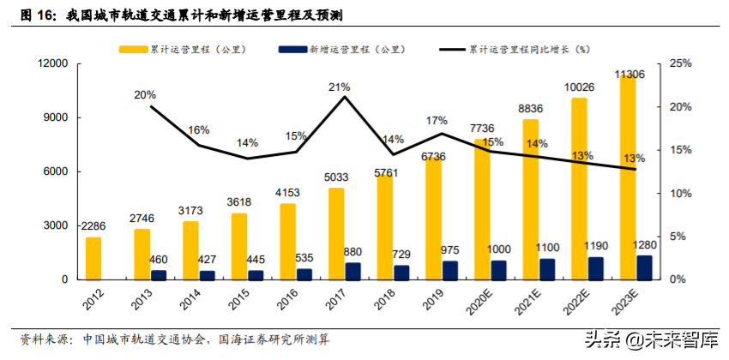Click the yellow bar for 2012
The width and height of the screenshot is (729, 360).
pos(93,258)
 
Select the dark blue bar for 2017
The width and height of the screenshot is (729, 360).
pos(352,271)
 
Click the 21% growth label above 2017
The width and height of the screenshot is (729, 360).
pos(340,87)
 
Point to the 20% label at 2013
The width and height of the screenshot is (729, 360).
pos(145,95)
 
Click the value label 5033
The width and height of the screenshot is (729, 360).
pos(335,178)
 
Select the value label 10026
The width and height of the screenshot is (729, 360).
pos(580,87)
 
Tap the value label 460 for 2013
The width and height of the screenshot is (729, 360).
pos(159,259)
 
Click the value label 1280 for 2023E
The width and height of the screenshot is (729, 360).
pos(645,244)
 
